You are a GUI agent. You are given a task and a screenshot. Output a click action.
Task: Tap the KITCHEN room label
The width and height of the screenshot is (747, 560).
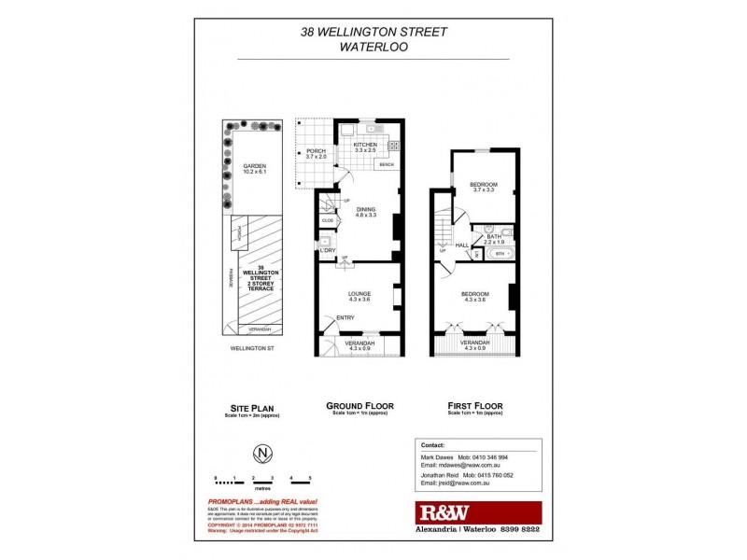pyautogui.click(x=364, y=144)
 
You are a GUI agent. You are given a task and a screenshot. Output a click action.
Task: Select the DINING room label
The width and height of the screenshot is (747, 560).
pyautogui.click(x=365, y=209)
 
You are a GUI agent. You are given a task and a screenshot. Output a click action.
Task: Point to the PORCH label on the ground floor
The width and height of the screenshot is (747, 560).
pyautogui.click(x=316, y=151)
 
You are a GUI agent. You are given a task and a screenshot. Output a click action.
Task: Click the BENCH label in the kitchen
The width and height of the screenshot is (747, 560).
pyautogui.click(x=387, y=165)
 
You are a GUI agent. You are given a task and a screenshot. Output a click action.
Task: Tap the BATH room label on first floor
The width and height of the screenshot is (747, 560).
pyautogui.click(x=494, y=236)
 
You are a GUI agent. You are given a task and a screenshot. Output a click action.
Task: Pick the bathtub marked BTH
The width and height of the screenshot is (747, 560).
pyautogui.click(x=500, y=253)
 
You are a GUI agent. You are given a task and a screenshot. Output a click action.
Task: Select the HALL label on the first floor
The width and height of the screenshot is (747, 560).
pyautogui.click(x=461, y=245)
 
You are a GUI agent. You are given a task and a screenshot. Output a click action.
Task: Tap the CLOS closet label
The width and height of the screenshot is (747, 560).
pyautogui.click(x=327, y=221)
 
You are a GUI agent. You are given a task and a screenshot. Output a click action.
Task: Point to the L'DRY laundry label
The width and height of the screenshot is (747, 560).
pyautogui.click(x=327, y=250)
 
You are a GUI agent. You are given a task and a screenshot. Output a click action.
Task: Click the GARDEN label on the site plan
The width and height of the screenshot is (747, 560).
pyautogui.click(x=242, y=165)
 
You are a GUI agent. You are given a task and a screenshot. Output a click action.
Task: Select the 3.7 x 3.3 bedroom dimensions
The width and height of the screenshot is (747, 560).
pyautogui.click(x=483, y=190)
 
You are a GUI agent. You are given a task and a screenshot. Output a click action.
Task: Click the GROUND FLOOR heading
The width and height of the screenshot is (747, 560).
pyautogui.click(x=359, y=406)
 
